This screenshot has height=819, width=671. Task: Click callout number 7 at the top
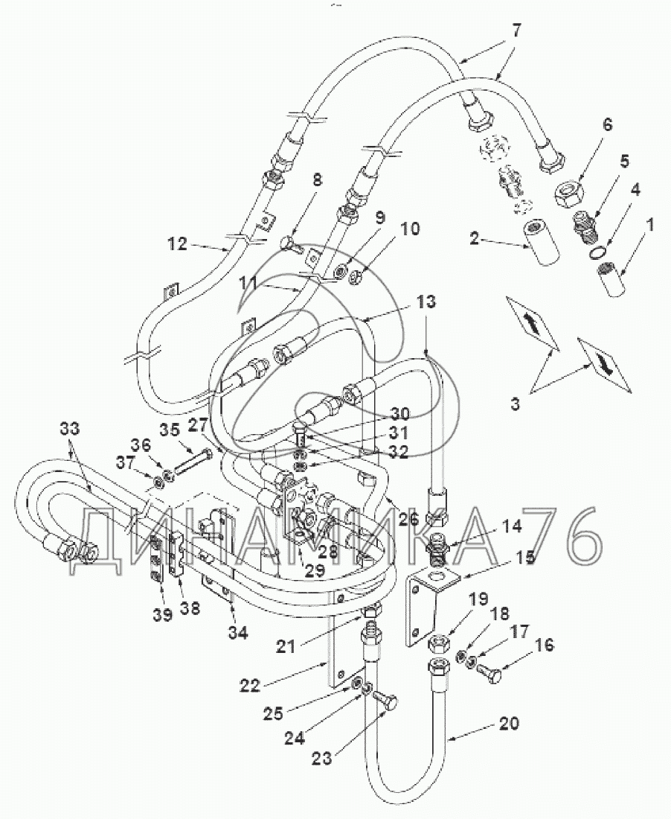tap(516, 31)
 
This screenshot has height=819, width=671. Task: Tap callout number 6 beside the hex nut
tap(608, 125)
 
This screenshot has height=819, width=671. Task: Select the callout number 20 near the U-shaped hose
tap(510, 724)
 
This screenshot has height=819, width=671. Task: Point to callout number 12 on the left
tap(177, 243)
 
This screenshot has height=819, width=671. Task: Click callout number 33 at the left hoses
tap(69, 429)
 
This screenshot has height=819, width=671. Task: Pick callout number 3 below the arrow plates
tap(515, 405)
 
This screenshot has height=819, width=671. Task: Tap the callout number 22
tap(250, 685)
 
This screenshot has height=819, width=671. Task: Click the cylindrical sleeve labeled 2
tap(542, 243)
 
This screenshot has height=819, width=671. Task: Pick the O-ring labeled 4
tap(598, 253)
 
